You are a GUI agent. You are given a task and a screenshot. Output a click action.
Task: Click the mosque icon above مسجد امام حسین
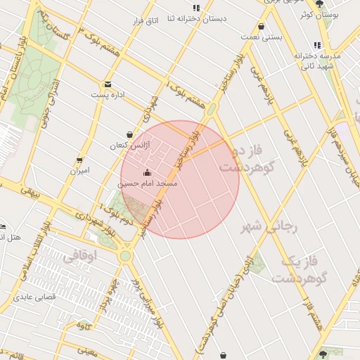(148, 173)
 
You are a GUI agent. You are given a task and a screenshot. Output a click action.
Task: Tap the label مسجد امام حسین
(147, 184)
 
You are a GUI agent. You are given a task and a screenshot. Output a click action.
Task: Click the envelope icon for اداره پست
(108, 83)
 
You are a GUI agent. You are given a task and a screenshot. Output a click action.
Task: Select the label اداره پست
(108, 94)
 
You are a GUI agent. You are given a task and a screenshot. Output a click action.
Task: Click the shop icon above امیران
(79, 160)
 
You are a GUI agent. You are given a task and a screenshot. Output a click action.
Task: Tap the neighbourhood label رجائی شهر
(271, 226)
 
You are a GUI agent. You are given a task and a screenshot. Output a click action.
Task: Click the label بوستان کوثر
(323, 14)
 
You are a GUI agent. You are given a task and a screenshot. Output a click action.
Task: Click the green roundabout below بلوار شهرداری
(125, 256)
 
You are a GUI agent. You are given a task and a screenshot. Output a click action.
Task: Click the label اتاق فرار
(148, 21)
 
